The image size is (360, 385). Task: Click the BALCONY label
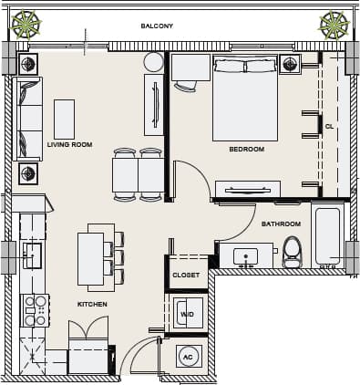[157, 26]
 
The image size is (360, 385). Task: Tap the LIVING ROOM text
[69, 144]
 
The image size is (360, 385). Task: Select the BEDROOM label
[246, 149]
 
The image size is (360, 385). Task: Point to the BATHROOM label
[281, 224]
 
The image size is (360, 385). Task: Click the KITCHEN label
[92, 304]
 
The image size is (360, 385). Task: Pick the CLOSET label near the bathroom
[186, 275]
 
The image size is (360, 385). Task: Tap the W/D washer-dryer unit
[188, 315]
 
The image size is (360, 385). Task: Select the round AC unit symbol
[189, 358]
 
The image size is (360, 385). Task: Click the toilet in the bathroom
[293, 251]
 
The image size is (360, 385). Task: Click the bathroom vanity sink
[244, 255]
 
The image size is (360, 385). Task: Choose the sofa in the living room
[29, 119]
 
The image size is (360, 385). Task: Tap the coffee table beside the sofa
[64, 119]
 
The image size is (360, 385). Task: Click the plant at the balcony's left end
[28, 26]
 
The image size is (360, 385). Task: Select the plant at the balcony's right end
[334, 26]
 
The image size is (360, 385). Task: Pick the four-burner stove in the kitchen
[36, 310]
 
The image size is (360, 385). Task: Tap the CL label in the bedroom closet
[329, 125]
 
